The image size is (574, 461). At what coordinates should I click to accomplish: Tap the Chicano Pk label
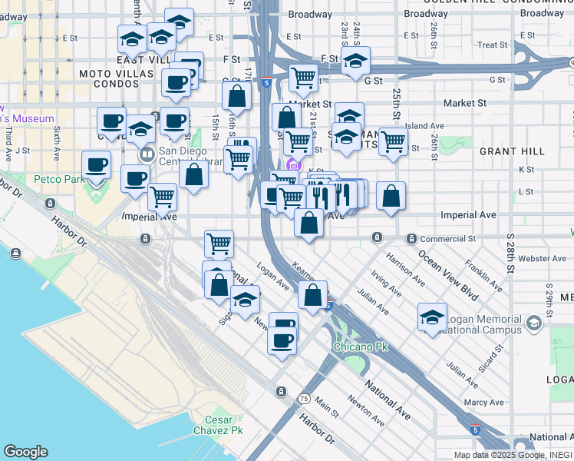point(361,347)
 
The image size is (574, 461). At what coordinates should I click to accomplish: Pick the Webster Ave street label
point(542,258)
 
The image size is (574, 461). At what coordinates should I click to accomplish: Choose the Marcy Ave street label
point(483,402)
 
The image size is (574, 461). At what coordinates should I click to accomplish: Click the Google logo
point(25,452)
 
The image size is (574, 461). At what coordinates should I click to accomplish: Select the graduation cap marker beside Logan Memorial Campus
point(432,317)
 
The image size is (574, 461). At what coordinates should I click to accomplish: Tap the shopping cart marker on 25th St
point(393,141)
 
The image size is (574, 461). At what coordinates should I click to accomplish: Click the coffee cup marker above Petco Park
point(97,164)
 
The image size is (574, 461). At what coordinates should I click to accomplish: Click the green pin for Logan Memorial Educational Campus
point(534,324)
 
